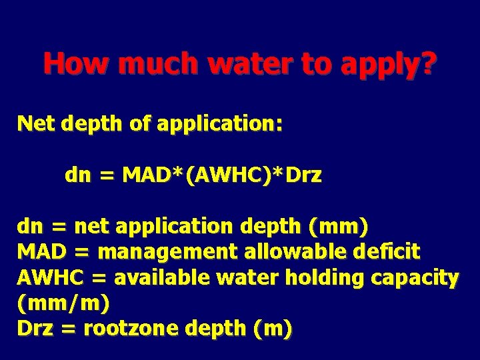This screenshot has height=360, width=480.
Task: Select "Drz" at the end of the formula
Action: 303,176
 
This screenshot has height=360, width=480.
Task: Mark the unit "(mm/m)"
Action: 63,304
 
